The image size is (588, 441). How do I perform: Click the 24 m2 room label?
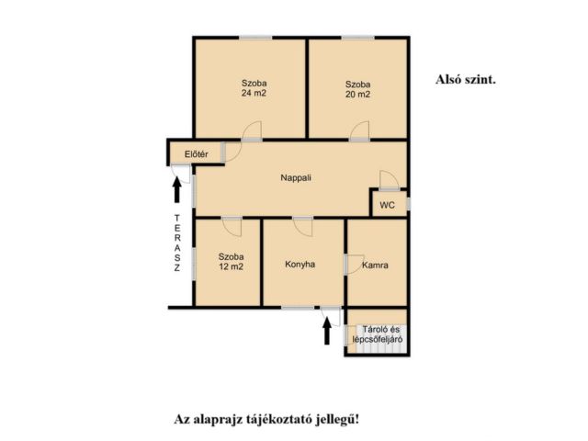(x=254, y=88)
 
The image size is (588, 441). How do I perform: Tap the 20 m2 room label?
(x=357, y=89)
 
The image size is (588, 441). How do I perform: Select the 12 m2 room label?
(x=231, y=262)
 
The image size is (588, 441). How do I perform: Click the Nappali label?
(x=296, y=177)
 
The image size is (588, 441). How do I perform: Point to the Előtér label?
(x=196, y=154)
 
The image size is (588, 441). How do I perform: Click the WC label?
(x=388, y=205)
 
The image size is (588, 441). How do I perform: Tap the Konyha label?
(x=300, y=265)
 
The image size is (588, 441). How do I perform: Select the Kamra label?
(x=375, y=266)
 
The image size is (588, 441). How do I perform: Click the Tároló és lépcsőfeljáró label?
(x=378, y=334)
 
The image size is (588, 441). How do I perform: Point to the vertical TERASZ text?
(x=177, y=243)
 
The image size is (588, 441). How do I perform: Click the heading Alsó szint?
(x=466, y=80)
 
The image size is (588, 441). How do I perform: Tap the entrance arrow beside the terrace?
(x=177, y=190)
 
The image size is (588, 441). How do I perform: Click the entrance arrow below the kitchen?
(x=327, y=331)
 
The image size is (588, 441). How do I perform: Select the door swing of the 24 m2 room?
(x=252, y=130)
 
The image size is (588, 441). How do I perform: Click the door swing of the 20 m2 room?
(x=360, y=130)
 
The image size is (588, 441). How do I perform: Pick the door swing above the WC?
(x=389, y=179)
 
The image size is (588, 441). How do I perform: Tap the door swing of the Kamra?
(x=355, y=264)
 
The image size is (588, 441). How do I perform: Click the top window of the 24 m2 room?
(x=255, y=38)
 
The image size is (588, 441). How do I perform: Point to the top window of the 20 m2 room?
(x=357, y=38)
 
